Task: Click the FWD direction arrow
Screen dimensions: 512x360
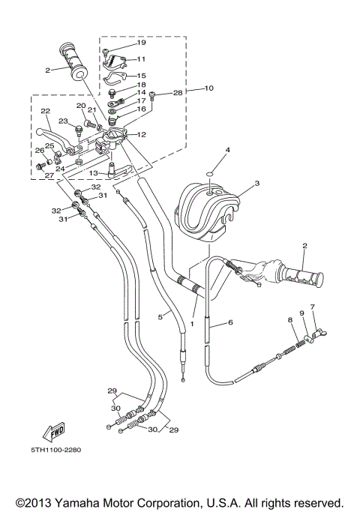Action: (x=55, y=432)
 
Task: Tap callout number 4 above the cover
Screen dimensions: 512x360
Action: (x=228, y=151)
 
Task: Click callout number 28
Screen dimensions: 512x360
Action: (x=177, y=93)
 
